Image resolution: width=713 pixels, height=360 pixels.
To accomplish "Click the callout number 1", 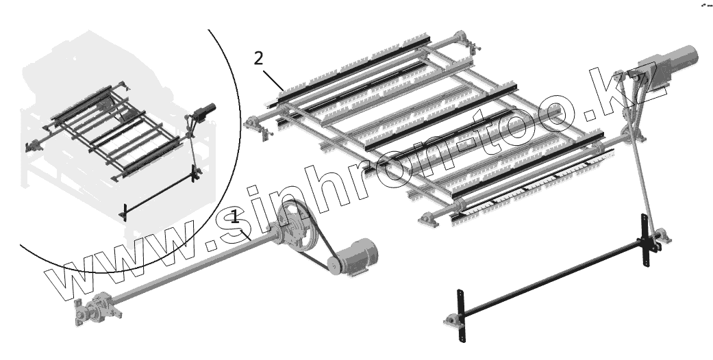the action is click(235, 217).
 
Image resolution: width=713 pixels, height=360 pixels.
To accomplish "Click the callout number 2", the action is click(258, 57).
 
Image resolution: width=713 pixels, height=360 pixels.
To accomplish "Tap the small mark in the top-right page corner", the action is click(705, 5).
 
